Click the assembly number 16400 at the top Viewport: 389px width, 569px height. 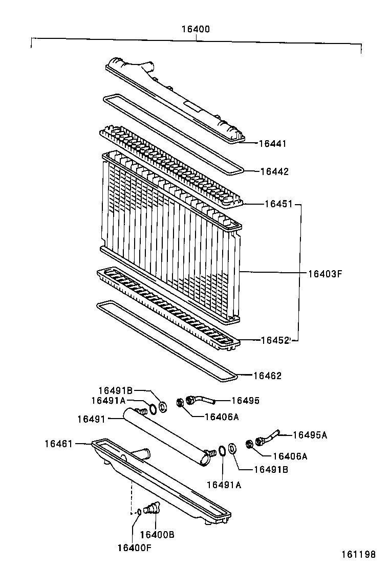pyautogui.click(x=195, y=29)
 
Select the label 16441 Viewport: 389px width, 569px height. pyautogui.click(x=272, y=144)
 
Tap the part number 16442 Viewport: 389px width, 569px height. pyautogui.click(x=274, y=172)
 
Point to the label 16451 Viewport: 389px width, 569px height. pyautogui.click(x=278, y=204)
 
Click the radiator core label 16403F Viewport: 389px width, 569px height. pyautogui.click(x=325, y=273)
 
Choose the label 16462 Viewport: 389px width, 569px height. pyautogui.click(x=267, y=376)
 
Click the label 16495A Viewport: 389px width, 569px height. pyautogui.click(x=310, y=435)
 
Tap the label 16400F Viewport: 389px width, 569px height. pyautogui.click(x=134, y=548)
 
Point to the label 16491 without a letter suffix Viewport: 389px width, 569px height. pyautogui.click(x=91, y=419)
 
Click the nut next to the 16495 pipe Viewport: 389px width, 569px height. pyautogui.click(x=181, y=403)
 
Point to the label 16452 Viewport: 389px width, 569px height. pyautogui.click(x=275, y=340)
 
